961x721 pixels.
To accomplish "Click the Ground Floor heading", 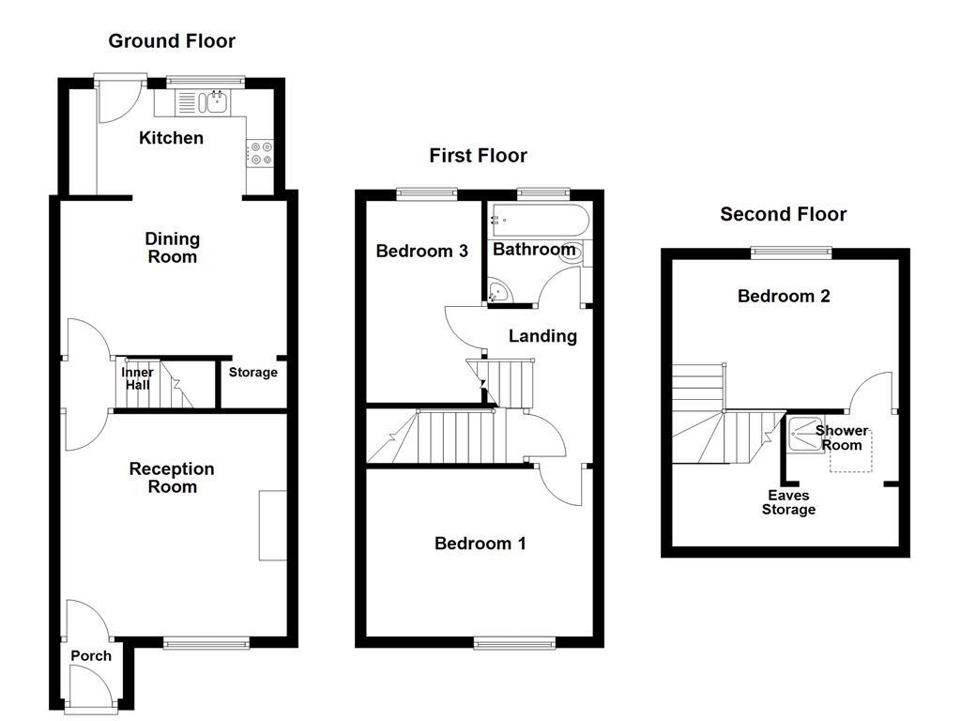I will [172, 40].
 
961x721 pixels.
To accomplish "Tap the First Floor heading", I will [478, 155].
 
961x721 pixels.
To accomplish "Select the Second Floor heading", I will [783, 214].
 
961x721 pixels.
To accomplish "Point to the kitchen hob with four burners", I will [260, 153].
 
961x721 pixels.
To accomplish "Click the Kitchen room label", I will [171, 138].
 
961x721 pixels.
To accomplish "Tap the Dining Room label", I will [172, 248].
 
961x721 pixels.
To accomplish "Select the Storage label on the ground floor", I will [253, 373].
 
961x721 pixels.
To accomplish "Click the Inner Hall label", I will [138, 378].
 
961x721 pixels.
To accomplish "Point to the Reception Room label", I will [172, 477].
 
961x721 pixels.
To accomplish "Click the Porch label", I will [91, 655].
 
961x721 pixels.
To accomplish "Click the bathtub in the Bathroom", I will [539, 222].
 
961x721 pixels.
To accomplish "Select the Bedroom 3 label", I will [421, 251].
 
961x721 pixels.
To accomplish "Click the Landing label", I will [542, 336].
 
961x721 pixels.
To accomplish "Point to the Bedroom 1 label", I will [480, 543].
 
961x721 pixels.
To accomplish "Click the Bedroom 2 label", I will [784, 296].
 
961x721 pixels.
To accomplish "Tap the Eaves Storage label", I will [788, 502].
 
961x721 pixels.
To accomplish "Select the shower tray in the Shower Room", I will [803, 433].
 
